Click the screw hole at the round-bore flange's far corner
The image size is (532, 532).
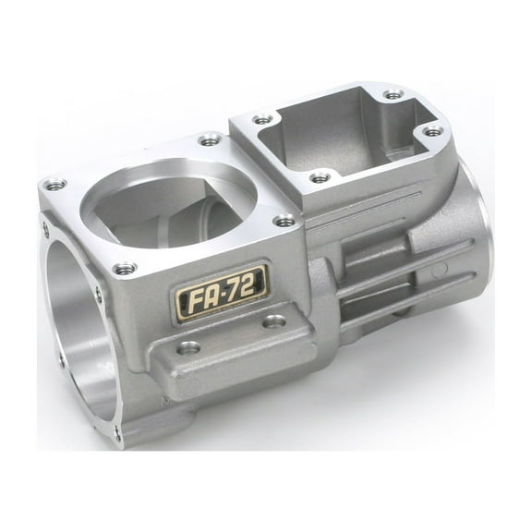211,140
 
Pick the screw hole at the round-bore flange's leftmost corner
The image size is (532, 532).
54,185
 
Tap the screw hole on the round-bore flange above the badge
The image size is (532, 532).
285,221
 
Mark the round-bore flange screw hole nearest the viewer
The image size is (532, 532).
125,269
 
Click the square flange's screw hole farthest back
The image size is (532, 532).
393,94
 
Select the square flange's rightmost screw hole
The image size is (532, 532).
432,132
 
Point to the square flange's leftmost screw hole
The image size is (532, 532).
264,119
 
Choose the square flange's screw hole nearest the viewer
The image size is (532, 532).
319,176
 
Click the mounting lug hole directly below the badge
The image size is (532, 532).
189,347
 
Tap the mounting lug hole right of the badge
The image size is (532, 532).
273,321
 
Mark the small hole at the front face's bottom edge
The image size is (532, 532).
117,430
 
